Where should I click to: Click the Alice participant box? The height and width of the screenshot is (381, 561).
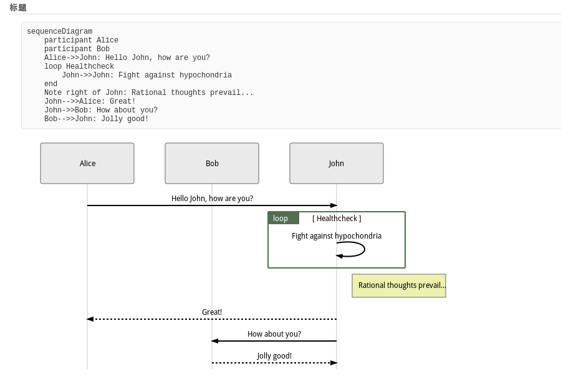87,164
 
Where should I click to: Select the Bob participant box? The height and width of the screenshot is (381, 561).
212,164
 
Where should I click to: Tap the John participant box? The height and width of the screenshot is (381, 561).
337,164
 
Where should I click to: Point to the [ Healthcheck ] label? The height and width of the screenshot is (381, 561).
337,218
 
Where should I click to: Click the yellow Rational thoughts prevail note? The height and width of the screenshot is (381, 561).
399,285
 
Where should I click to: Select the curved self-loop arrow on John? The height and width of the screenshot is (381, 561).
364,249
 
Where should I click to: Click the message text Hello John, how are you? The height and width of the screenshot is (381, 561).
212,199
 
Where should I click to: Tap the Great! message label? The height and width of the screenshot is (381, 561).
212,312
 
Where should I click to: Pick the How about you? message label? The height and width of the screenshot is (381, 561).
274,334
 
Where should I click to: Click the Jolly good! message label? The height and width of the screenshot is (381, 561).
274,356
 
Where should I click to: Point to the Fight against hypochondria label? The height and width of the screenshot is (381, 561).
337,236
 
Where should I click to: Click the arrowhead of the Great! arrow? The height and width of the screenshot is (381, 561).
90,319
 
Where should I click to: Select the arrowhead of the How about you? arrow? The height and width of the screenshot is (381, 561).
214,341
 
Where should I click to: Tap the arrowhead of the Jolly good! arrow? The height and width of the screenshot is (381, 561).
334,363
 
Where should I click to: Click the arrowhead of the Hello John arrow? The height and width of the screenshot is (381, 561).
334,205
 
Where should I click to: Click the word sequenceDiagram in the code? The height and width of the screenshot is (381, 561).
60,31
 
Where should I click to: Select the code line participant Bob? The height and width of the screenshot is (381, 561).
77,49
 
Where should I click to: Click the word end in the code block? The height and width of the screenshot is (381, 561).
51,84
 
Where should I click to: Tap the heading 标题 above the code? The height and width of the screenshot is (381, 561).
18,7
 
